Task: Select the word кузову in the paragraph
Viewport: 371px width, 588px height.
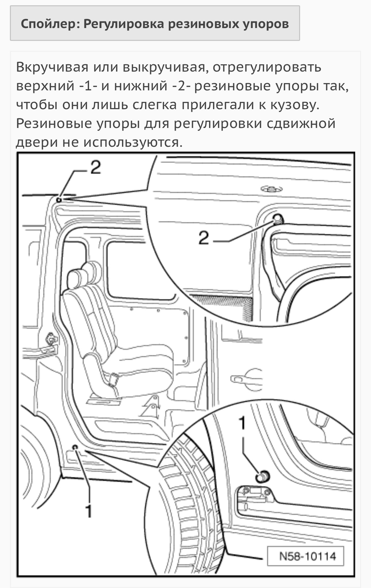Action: [294, 105]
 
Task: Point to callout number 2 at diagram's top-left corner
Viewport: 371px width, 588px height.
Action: [96, 168]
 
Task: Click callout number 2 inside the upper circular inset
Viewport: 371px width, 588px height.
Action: [204, 237]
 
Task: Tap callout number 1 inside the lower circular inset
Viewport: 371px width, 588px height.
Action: [242, 423]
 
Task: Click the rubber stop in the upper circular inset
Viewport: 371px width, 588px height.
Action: [278, 219]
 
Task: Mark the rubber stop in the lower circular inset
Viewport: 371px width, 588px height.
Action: [263, 477]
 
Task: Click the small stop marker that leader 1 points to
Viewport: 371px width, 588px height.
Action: [75, 447]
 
